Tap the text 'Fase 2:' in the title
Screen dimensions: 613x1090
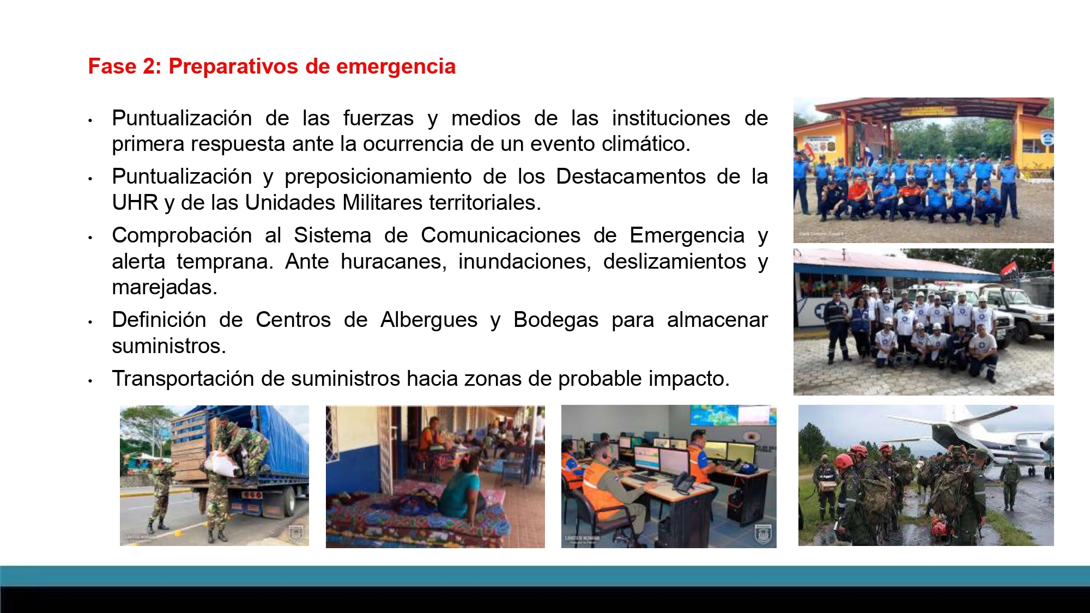[x=125, y=66]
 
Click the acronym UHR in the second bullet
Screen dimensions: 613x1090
[x=135, y=203]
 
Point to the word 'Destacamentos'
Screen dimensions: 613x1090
[x=630, y=177]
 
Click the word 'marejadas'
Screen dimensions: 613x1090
[x=164, y=287]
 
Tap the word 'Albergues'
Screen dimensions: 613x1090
[x=428, y=320]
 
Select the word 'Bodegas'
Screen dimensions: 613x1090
[x=556, y=320]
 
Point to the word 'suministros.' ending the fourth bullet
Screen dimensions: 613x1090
[x=169, y=346]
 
